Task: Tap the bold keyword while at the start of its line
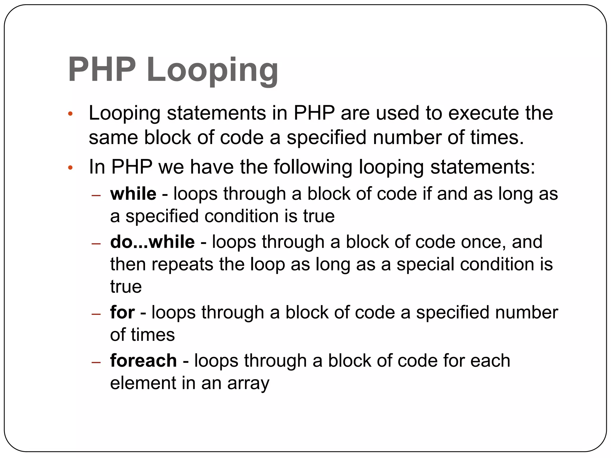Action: coord(133,194)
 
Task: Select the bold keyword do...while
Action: coord(152,242)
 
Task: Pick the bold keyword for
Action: coord(122,312)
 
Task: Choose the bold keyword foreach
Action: coord(144,360)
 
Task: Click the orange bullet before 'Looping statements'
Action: coord(70,114)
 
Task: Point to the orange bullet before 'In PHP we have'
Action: coord(70,168)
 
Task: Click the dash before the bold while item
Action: coord(96,196)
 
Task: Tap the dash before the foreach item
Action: coord(96,362)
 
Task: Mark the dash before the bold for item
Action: coord(96,314)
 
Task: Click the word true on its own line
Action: coord(126,287)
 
